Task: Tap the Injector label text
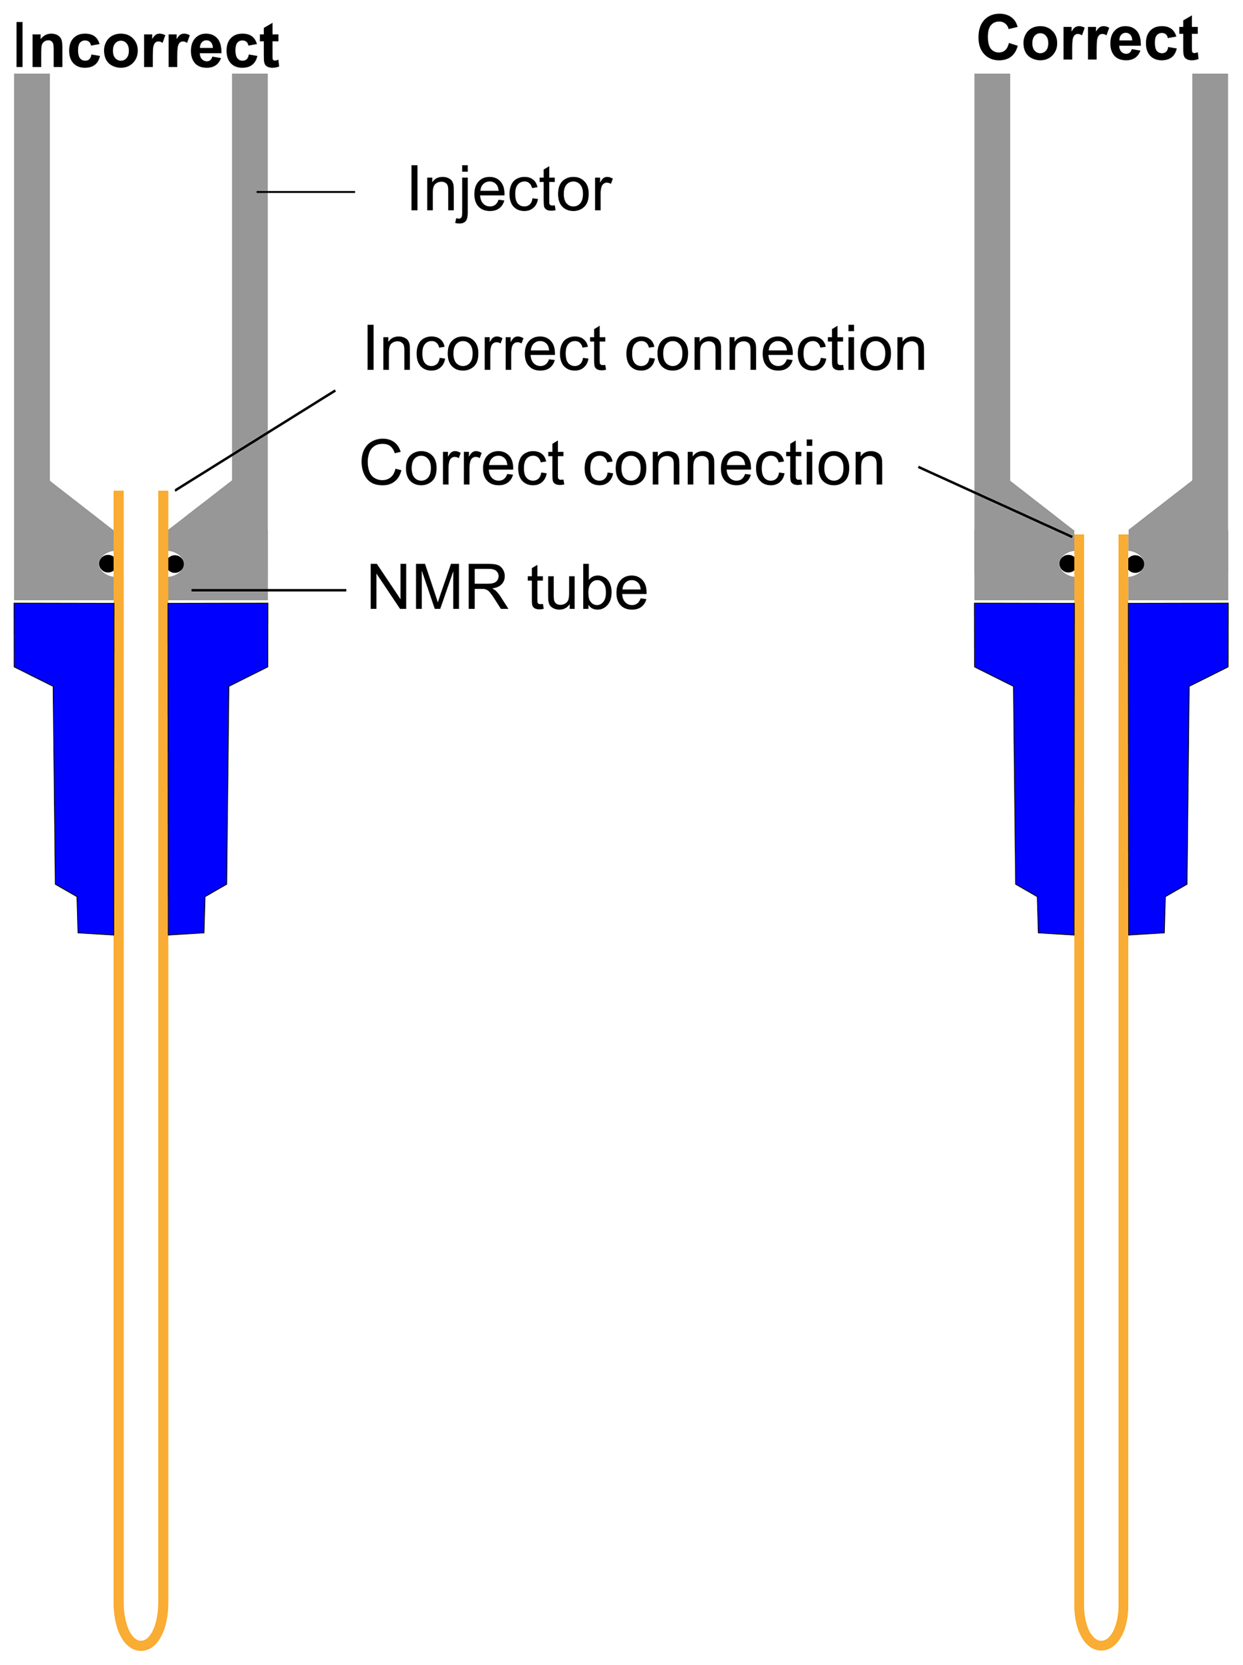tap(509, 189)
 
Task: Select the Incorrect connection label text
tap(644, 349)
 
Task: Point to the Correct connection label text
tap(622, 464)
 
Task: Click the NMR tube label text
tap(506, 587)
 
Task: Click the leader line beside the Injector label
tap(305, 192)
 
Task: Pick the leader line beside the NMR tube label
tap(269, 590)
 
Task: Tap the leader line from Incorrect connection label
tap(255, 440)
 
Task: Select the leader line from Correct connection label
tap(995, 502)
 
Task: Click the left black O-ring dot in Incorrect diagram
tap(107, 564)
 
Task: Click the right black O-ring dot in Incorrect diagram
tap(176, 564)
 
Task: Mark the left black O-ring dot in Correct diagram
tap(1066, 564)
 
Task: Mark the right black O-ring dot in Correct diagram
tap(1135, 564)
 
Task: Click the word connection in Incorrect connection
tap(775, 349)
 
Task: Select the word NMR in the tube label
tap(437, 587)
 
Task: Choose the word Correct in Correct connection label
tap(462, 464)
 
